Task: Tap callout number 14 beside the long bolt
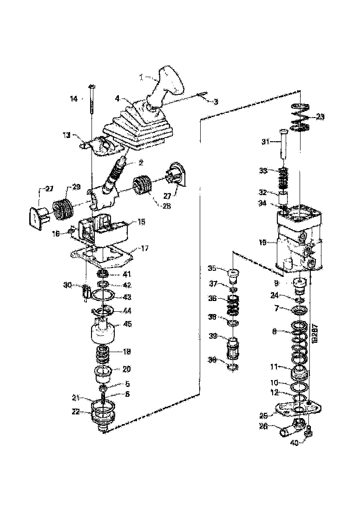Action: click(x=74, y=98)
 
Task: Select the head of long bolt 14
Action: click(x=91, y=86)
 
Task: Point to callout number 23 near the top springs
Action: click(x=321, y=117)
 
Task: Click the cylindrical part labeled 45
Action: click(x=101, y=331)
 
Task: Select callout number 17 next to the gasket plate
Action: click(x=144, y=248)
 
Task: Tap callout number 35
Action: click(x=212, y=268)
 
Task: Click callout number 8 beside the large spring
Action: click(x=274, y=331)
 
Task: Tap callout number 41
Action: click(x=127, y=274)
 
